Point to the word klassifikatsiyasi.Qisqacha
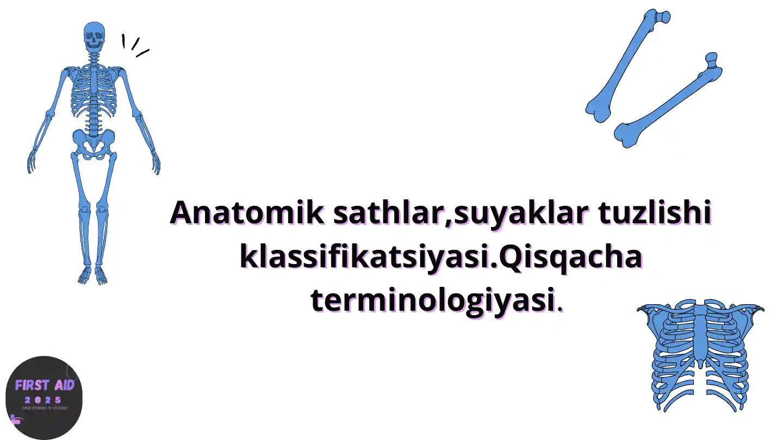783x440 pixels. coord(440,257)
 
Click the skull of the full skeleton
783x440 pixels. coord(94,35)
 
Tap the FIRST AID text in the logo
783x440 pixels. coord(45,385)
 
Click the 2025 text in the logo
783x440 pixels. coord(43,400)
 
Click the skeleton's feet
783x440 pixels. coord(93,275)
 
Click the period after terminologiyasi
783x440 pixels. coord(561,309)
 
